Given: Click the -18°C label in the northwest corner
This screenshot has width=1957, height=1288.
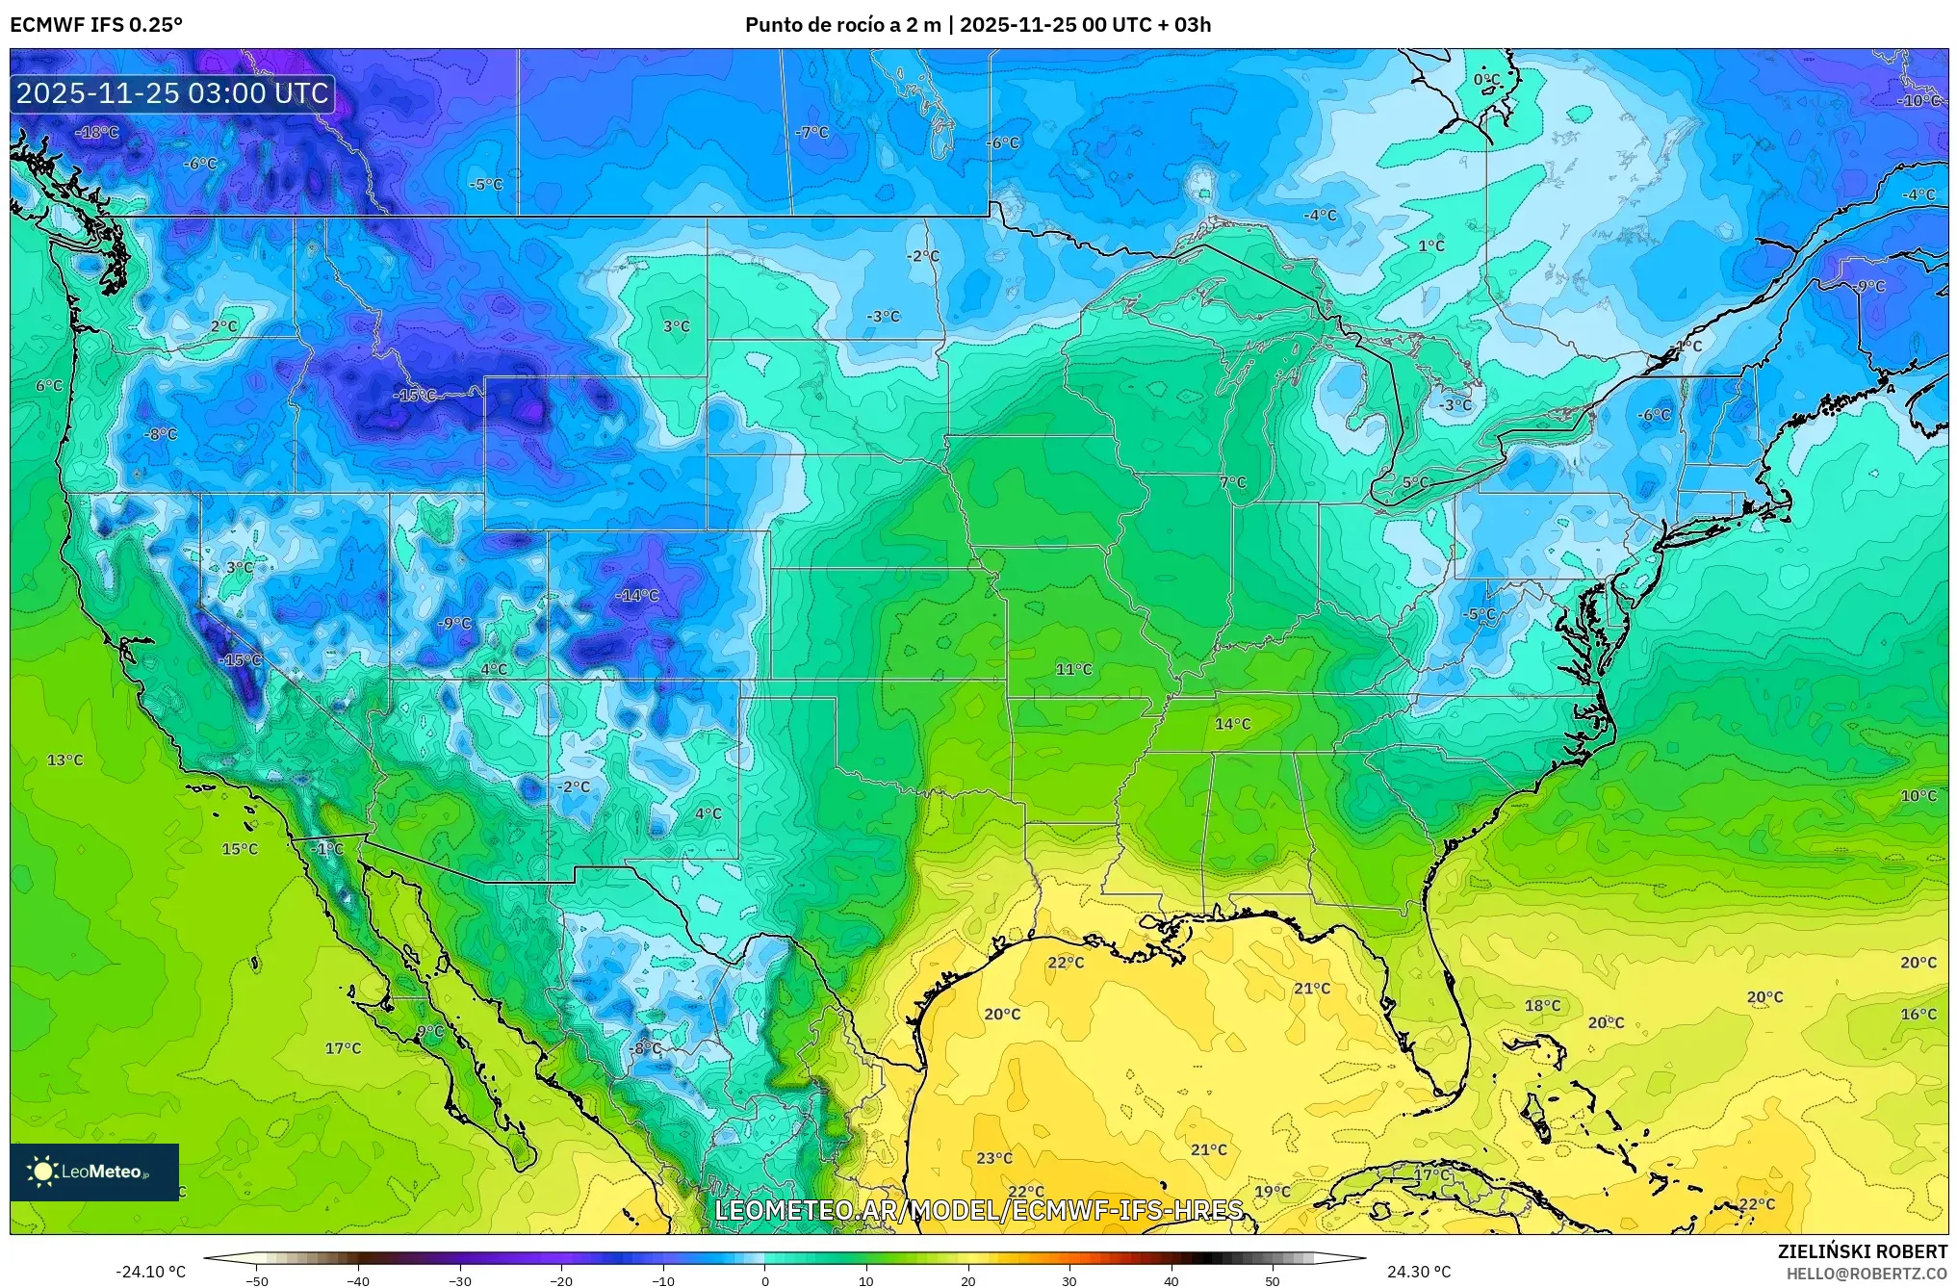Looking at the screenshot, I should [x=97, y=133].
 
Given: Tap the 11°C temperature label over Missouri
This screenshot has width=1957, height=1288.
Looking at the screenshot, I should [x=1073, y=670].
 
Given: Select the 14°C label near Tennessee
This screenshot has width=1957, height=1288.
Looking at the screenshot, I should [x=1232, y=724].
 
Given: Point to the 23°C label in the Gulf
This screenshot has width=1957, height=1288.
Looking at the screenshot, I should [x=994, y=1159].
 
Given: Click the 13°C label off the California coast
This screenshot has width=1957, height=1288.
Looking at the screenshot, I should [x=65, y=760].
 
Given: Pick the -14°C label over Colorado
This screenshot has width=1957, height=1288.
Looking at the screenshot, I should [x=637, y=596].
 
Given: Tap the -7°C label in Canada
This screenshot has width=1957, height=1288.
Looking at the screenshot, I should [x=812, y=133].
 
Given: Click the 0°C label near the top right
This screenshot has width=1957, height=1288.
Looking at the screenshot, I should [x=1486, y=80].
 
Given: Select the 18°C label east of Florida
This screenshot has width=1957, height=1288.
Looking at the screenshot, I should [x=1542, y=1006].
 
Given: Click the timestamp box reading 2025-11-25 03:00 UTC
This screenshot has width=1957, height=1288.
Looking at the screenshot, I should [x=172, y=93].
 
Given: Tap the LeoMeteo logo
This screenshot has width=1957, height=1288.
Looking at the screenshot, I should [x=94, y=1172].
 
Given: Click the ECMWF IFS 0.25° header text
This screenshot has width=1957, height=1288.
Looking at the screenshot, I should [x=96, y=25].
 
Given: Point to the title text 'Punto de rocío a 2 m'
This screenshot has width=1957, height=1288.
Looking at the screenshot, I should [x=842, y=25].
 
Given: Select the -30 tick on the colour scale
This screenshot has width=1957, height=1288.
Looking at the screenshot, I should [x=460, y=1281].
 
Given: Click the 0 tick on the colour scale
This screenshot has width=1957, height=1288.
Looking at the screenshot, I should [x=765, y=1281].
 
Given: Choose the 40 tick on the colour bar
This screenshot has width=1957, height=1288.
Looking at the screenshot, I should [x=1171, y=1281].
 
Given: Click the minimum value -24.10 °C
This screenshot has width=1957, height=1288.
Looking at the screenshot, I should [x=151, y=1273].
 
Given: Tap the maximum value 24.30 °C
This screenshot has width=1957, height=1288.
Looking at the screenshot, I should [x=1418, y=1273].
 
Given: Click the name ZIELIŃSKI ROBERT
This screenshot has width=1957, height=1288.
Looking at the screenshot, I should [x=1862, y=1252].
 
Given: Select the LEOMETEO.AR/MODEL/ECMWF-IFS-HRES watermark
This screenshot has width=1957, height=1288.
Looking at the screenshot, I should [x=978, y=1210].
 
